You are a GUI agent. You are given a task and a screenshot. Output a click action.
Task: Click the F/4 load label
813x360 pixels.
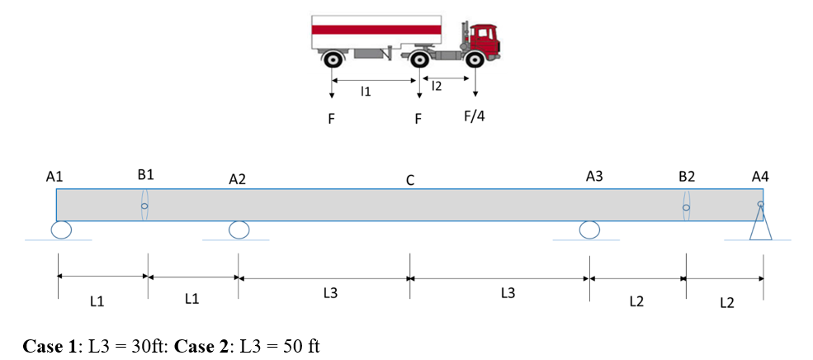click(474, 116)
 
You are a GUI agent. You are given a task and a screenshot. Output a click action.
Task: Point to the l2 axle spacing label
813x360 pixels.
click(437, 86)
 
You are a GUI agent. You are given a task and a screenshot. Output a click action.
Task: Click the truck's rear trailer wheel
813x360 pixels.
click(332, 59)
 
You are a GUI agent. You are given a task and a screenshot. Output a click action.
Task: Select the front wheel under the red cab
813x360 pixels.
click(474, 59)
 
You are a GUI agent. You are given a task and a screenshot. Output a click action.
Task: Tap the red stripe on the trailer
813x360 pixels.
click(376, 29)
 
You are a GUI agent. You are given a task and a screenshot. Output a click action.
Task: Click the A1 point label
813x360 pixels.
click(55, 177)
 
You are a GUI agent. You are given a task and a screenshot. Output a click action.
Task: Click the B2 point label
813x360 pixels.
click(686, 177)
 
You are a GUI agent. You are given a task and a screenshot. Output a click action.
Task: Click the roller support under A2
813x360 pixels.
click(239, 230)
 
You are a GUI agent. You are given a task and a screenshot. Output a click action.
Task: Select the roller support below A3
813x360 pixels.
click(588, 230)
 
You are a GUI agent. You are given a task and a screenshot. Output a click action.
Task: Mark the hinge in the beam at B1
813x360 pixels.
click(144, 206)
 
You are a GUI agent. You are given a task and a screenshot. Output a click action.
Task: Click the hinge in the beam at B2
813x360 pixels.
click(685, 206)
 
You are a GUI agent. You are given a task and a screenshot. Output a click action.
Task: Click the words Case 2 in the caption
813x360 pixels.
click(201, 346)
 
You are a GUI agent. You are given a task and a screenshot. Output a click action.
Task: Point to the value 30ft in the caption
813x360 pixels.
click(150, 346)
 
